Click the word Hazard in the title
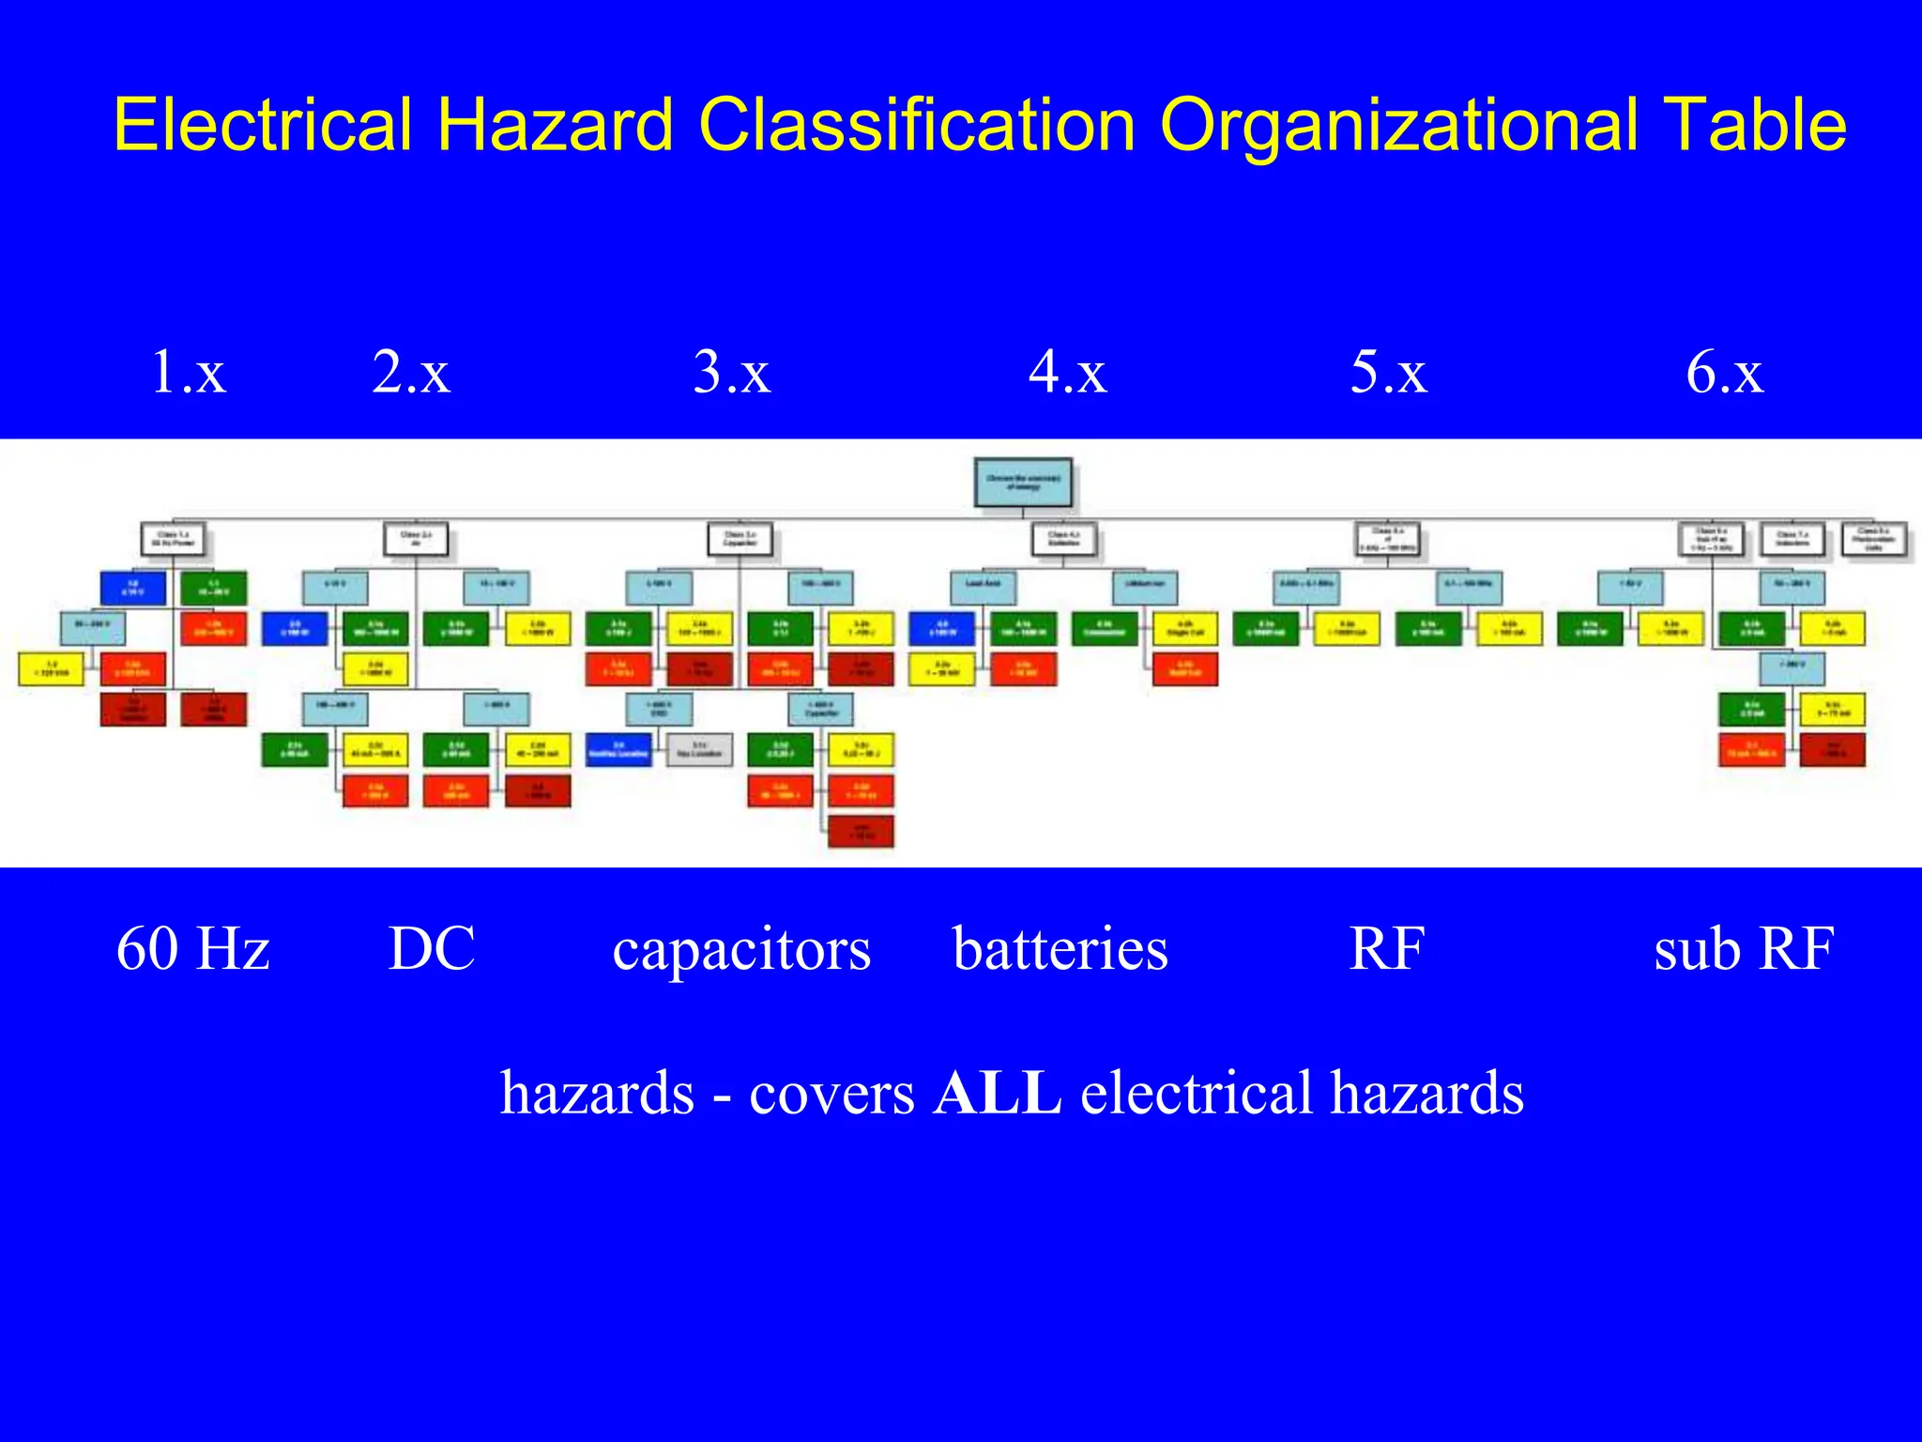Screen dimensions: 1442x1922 (555, 125)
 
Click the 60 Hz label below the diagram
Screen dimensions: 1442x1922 (192, 948)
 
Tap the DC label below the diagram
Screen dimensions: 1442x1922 (432, 948)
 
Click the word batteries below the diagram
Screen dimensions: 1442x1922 (1060, 948)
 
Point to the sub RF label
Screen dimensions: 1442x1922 (1743, 948)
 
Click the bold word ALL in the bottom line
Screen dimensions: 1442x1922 (997, 1094)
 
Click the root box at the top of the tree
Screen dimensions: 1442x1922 (1023, 483)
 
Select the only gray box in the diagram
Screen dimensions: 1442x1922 (699, 750)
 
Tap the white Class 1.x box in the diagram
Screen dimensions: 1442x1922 (173, 540)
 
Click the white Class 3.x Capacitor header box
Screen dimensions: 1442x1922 (740, 540)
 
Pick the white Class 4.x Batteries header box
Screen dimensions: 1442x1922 (1063, 540)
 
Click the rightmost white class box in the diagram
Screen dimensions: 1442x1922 (1873, 540)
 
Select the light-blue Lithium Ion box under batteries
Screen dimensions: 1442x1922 (1145, 588)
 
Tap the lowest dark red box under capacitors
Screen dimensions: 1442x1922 (861, 831)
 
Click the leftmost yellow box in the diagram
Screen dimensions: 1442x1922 (52, 668)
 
